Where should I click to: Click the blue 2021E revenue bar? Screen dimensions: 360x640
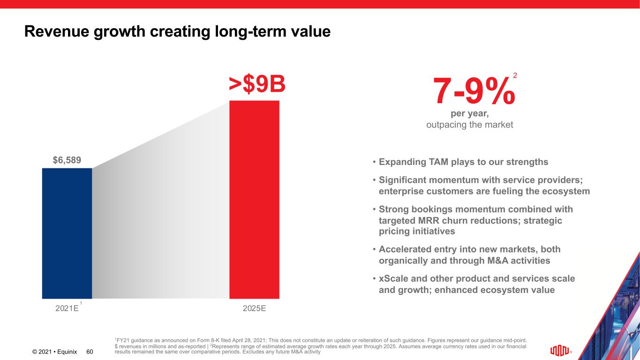point(67,233)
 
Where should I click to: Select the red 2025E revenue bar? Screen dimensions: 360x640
point(254,199)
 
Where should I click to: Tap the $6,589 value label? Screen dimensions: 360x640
point(67,160)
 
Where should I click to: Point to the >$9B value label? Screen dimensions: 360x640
point(257,84)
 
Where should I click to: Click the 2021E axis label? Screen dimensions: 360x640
point(67,308)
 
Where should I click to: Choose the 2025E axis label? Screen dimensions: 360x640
point(255,308)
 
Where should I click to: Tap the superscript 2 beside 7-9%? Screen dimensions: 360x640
point(515,75)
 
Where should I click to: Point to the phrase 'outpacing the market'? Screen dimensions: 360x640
point(470,125)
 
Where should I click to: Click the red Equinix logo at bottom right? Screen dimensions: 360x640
point(560,351)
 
